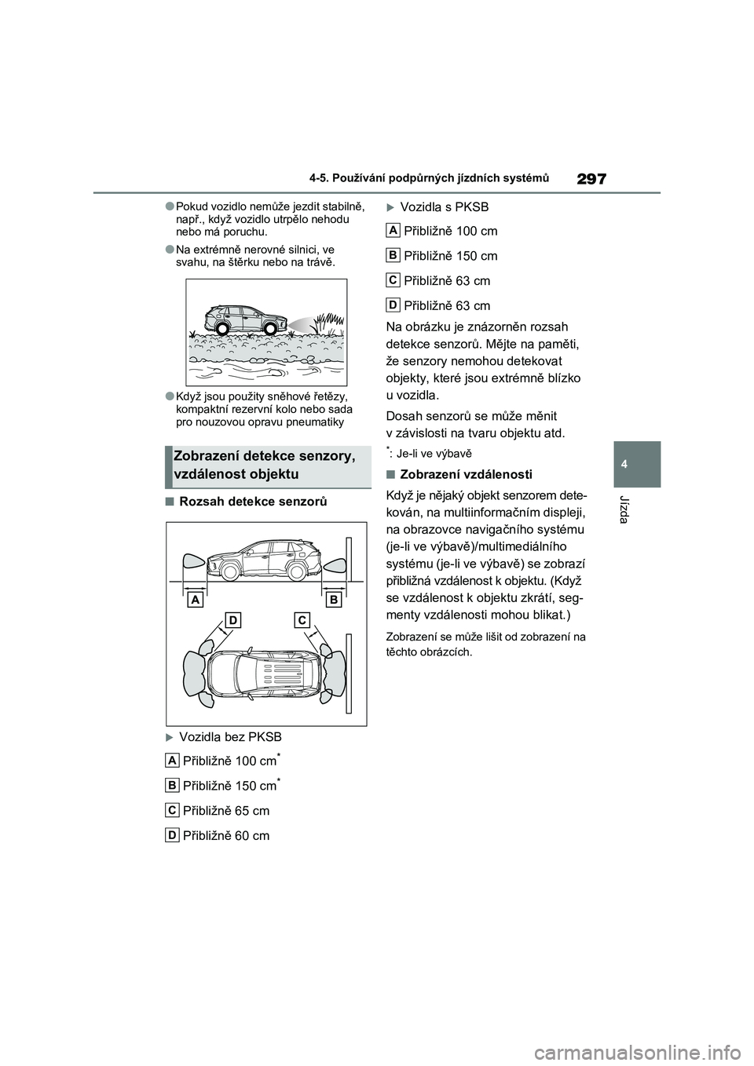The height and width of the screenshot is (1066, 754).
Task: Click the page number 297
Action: (591, 179)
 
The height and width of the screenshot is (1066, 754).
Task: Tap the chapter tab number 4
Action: (637, 464)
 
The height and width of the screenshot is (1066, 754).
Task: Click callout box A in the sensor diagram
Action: (194, 600)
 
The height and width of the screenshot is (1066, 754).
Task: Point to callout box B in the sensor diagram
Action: (334, 600)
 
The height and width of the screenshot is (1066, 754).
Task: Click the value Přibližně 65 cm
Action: (226, 811)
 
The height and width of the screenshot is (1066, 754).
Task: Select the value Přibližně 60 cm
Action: (226, 836)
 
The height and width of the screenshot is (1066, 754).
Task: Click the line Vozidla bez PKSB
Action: (230, 737)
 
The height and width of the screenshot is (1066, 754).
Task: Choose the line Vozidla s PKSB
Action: (444, 207)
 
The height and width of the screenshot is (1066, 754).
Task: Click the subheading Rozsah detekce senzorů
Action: (253, 502)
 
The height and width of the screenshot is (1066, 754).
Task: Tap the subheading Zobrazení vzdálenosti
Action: (466, 474)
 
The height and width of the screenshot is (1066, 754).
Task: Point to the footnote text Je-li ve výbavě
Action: (434, 454)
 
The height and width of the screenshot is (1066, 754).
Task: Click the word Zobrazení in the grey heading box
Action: (206, 456)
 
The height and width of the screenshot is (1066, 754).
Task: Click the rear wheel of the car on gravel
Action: (221, 329)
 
